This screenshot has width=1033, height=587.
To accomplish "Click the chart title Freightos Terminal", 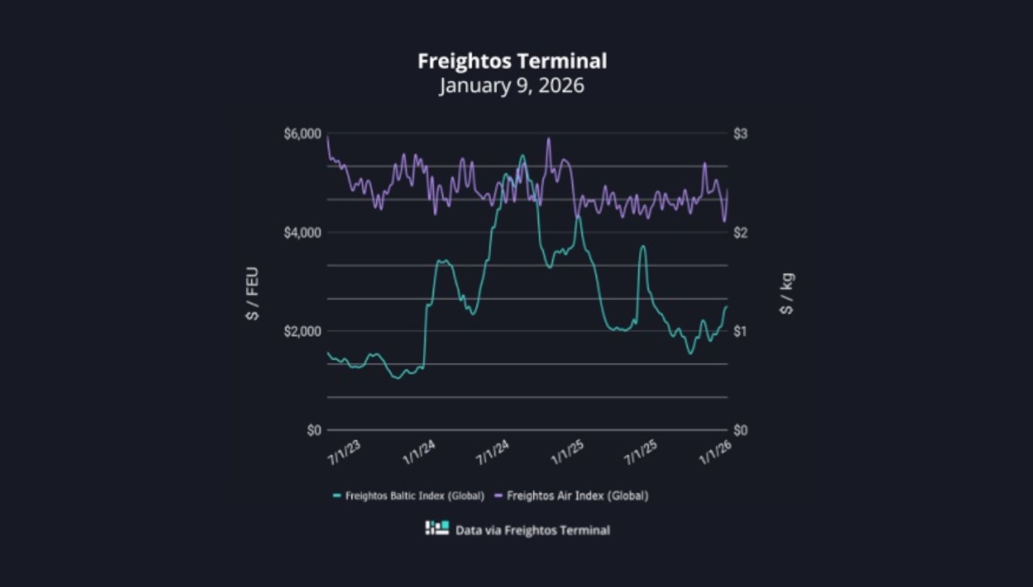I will (512, 61).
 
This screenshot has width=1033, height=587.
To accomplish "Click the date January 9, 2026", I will (512, 85).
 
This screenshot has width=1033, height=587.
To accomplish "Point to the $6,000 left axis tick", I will (302, 134).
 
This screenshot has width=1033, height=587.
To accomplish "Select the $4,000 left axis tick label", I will (302, 233).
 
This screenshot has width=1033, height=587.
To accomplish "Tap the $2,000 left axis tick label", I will (302, 331).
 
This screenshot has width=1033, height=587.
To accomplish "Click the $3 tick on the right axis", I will (740, 134).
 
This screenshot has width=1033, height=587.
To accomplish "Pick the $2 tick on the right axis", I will (740, 233).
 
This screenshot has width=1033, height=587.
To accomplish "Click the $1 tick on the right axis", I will (740, 331).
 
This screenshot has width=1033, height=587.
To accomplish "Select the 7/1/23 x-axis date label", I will (344, 452).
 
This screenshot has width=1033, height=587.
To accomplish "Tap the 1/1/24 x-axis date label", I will (419, 452).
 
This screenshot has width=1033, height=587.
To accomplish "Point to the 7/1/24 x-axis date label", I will (493, 452).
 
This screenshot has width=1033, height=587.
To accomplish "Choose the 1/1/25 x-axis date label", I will (567, 452).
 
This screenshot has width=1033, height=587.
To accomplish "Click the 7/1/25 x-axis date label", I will (640, 452).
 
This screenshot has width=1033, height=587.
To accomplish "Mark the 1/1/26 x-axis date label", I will (715, 452).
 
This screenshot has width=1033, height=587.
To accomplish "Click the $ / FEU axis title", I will (253, 293).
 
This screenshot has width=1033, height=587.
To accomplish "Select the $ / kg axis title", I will (787, 293).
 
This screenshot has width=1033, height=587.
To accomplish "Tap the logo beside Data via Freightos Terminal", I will (437, 528).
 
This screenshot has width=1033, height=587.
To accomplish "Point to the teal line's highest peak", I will (522, 155).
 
